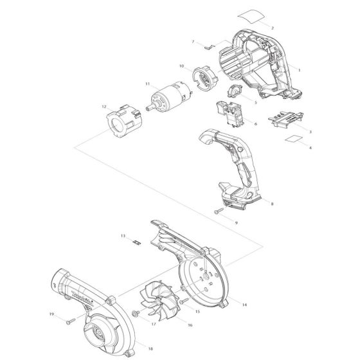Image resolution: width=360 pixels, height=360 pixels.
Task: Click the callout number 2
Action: click(x=273, y=28)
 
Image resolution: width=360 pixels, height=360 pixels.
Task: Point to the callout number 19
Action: click(x=51, y=314)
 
